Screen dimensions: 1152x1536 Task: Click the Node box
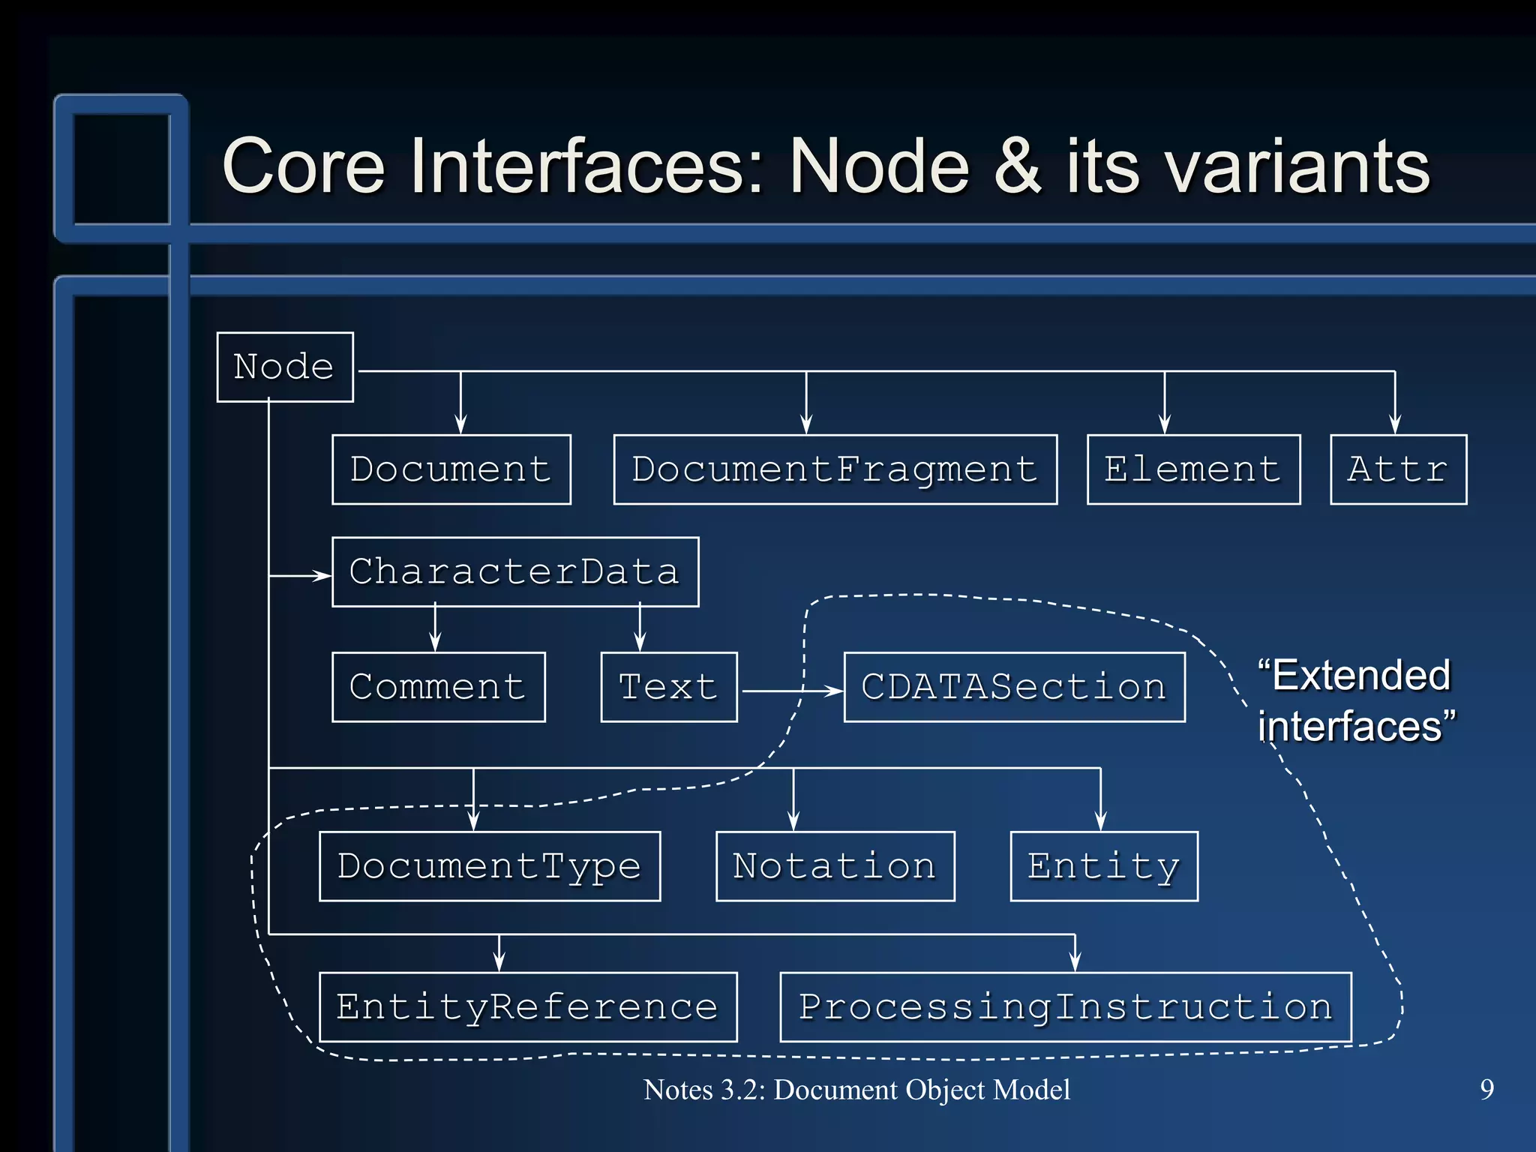point(285,367)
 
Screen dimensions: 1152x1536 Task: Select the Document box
point(451,469)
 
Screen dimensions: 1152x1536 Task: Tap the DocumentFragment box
point(835,469)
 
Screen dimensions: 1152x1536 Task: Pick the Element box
point(1193,469)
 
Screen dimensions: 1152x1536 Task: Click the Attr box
point(1398,469)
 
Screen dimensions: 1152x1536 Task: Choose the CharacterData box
point(515,571)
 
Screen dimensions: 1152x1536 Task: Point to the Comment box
point(438,687)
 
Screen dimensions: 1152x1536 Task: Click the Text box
point(669,687)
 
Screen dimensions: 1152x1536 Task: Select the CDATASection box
point(1014,687)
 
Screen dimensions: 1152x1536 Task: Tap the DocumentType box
point(490,866)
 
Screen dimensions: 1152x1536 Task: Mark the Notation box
point(835,866)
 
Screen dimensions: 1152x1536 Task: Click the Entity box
point(1103,866)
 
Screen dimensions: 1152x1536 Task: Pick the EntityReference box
point(528,1007)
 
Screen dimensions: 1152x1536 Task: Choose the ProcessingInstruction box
point(1065,1007)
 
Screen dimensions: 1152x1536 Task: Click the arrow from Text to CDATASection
point(787,691)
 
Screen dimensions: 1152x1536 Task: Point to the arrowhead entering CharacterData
point(322,576)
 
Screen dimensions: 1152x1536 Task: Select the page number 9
point(1486,1090)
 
